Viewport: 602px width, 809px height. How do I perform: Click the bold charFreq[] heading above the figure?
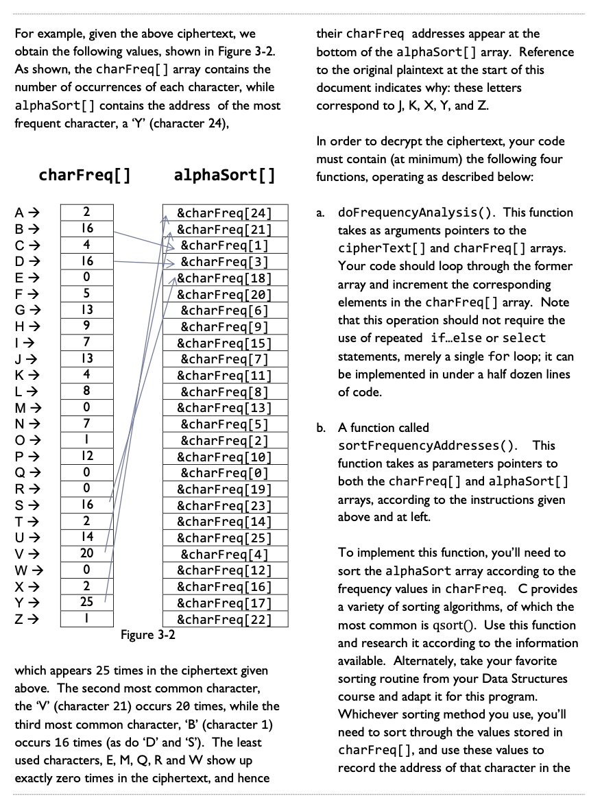pyautogui.click(x=85, y=175)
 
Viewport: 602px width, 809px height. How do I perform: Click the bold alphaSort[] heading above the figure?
pyautogui.click(x=225, y=175)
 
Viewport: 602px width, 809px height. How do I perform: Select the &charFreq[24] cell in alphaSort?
pyautogui.click(x=225, y=213)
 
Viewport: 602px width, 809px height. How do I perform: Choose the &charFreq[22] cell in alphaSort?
pyautogui.click(x=225, y=619)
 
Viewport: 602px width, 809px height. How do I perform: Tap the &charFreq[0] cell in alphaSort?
pyautogui.click(x=225, y=473)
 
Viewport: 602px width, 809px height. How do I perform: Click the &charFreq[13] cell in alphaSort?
pyautogui.click(x=225, y=408)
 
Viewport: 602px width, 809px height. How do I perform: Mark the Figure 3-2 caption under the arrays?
pyautogui.click(x=148, y=635)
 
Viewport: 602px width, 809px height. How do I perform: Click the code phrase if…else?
pyautogui.click(x=460, y=338)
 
